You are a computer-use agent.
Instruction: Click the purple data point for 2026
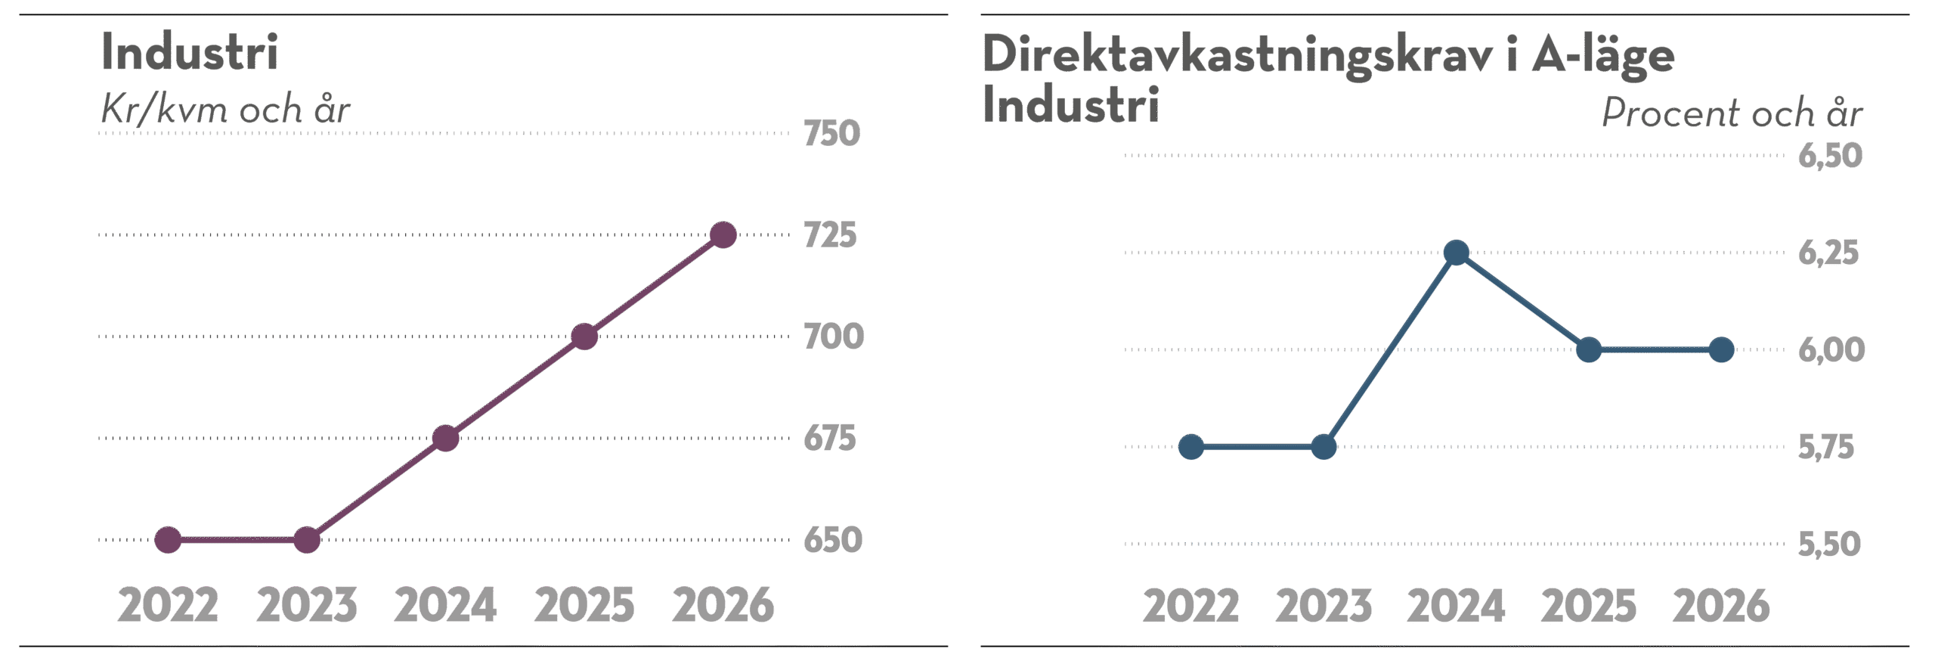[x=723, y=235]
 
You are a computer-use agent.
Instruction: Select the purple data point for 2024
[x=445, y=439]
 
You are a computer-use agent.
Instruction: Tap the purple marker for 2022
[x=168, y=540]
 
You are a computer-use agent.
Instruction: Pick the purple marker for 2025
[x=584, y=337]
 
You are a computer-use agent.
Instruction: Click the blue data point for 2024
[x=1456, y=253]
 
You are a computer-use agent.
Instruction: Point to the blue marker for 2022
[x=1191, y=447]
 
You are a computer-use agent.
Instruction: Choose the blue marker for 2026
[x=1721, y=350]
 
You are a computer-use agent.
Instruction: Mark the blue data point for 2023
[x=1324, y=447]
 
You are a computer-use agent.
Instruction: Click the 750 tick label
[x=831, y=134]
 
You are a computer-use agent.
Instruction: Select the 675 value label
[x=830, y=439]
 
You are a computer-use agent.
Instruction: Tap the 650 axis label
[x=832, y=540]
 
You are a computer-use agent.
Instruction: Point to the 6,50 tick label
[x=1829, y=156]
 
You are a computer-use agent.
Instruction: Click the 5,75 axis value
[x=1825, y=448]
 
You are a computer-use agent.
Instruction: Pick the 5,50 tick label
[x=1828, y=545]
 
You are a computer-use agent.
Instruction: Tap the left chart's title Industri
[x=190, y=53]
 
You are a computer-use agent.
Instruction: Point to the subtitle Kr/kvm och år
[x=225, y=111]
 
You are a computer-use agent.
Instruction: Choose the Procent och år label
[x=1731, y=113]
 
